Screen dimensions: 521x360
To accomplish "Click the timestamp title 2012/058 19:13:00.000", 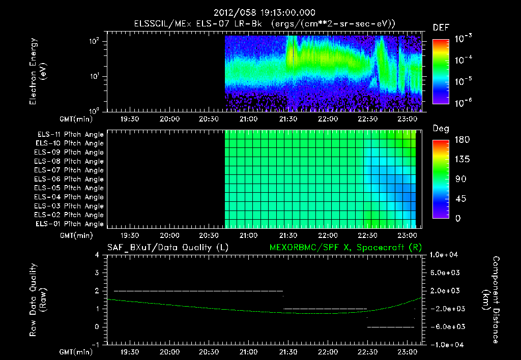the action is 264,13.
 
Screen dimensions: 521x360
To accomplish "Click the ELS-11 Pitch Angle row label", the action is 70,135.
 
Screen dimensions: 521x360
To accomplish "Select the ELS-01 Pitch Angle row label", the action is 69,224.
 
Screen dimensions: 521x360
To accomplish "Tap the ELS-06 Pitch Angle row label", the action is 69,179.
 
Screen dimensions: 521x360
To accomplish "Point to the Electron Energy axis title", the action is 38,71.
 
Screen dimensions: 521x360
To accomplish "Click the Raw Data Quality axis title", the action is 38,300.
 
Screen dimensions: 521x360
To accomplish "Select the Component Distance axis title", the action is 491,300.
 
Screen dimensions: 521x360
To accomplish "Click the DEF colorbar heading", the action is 441,28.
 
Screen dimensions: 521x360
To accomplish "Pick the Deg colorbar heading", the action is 441,129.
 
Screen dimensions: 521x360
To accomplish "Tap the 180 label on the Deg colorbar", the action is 462,139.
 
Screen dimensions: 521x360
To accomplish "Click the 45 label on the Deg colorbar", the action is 461,199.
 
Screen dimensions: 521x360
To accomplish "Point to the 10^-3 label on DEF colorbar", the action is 463,39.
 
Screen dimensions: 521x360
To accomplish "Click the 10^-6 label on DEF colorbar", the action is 463,103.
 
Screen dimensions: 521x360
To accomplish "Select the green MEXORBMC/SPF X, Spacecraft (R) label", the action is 345,248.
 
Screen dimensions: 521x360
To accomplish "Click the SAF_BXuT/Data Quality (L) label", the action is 168,248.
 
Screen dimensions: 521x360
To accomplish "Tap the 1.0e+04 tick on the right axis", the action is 444,255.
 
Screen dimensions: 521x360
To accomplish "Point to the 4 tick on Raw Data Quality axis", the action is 97,255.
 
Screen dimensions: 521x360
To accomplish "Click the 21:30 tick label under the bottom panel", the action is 288,352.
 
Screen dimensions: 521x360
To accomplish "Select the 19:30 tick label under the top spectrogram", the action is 130,119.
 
